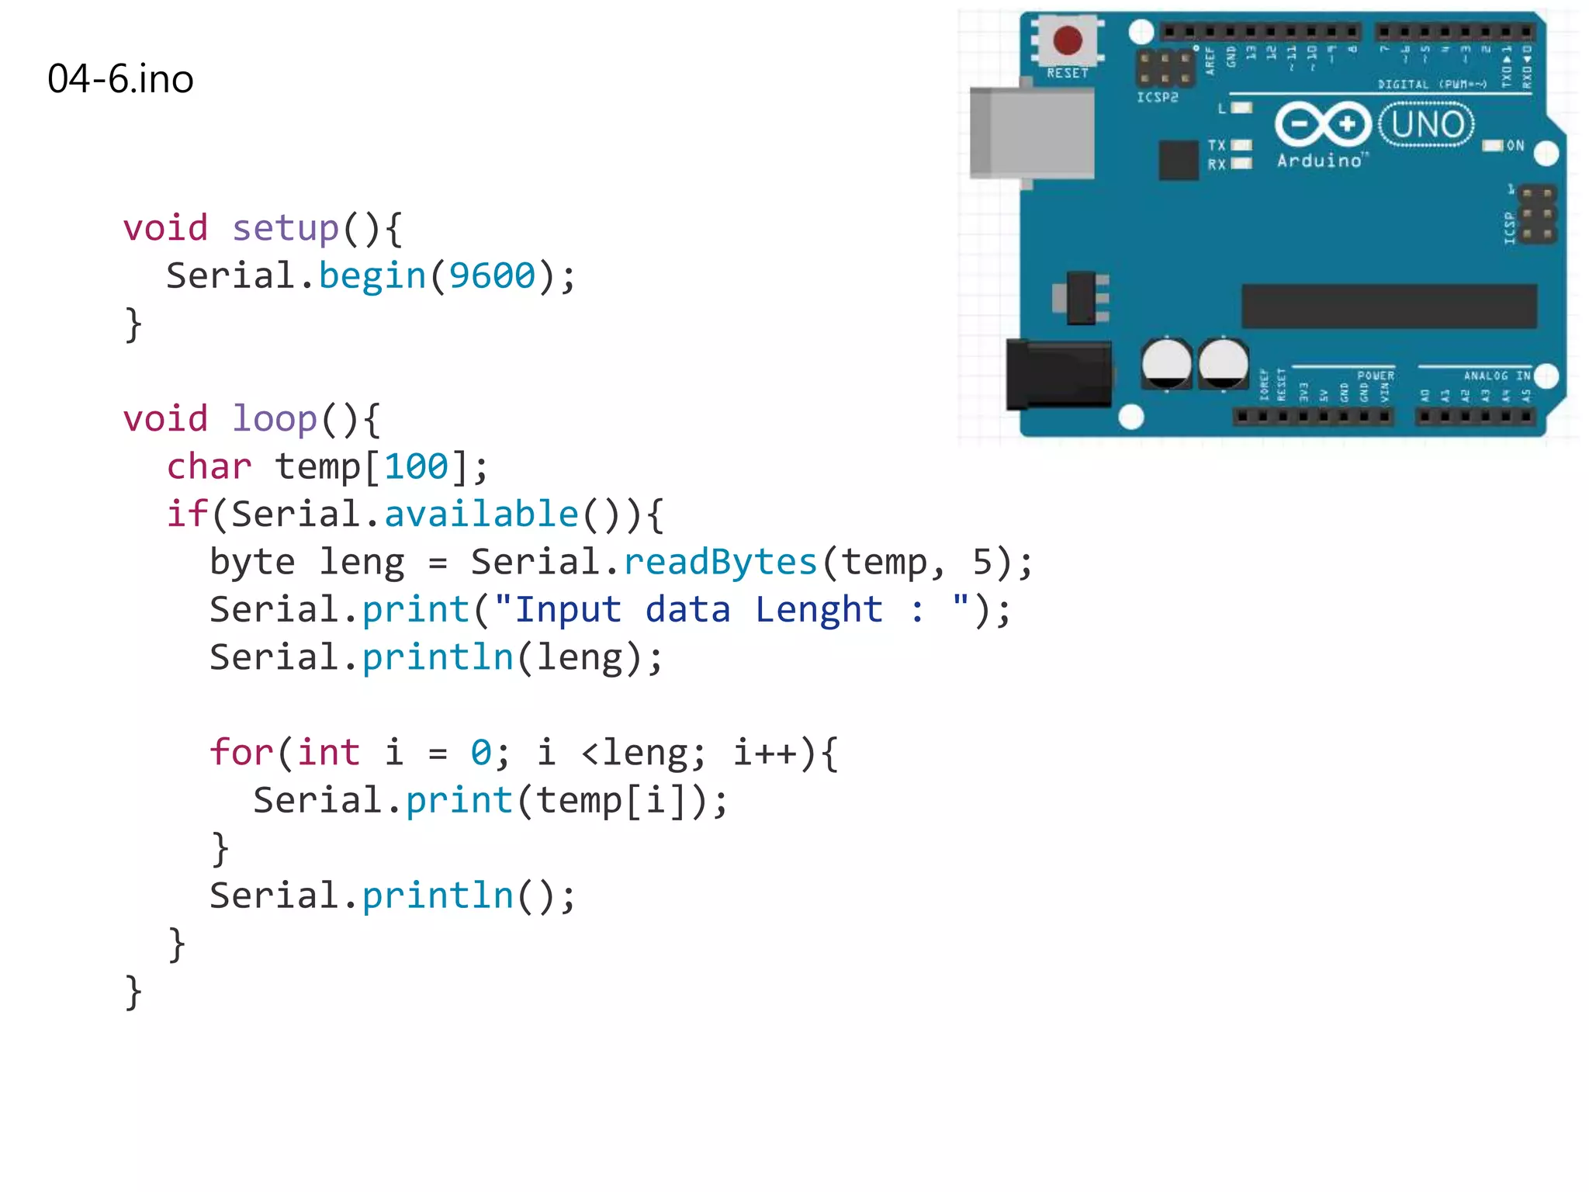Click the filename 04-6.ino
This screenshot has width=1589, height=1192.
[120, 79]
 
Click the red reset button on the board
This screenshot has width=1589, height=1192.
[1068, 40]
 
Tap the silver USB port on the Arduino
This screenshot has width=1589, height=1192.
[1032, 133]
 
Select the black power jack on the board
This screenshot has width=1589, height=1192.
[1058, 375]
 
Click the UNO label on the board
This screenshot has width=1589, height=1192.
[1427, 125]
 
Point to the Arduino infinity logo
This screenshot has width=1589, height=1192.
[1323, 124]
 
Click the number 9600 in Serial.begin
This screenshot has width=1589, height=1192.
[492, 276]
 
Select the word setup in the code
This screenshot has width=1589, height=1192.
[286, 228]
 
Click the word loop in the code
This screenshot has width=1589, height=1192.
[275, 419]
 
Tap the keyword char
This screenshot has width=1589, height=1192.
[209, 467]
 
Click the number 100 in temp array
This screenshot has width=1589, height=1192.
[416, 467]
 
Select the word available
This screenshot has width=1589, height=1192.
[481, 515]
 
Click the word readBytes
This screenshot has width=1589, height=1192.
[720, 562]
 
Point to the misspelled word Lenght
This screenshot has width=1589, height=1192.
[819, 610]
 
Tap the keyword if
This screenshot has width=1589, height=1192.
[187, 515]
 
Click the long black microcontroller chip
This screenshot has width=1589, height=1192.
[1389, 307]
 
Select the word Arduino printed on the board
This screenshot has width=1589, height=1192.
[1320, 161]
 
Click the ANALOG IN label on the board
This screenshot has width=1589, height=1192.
[1497, 376]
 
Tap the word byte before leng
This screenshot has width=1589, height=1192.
[252, 562]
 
